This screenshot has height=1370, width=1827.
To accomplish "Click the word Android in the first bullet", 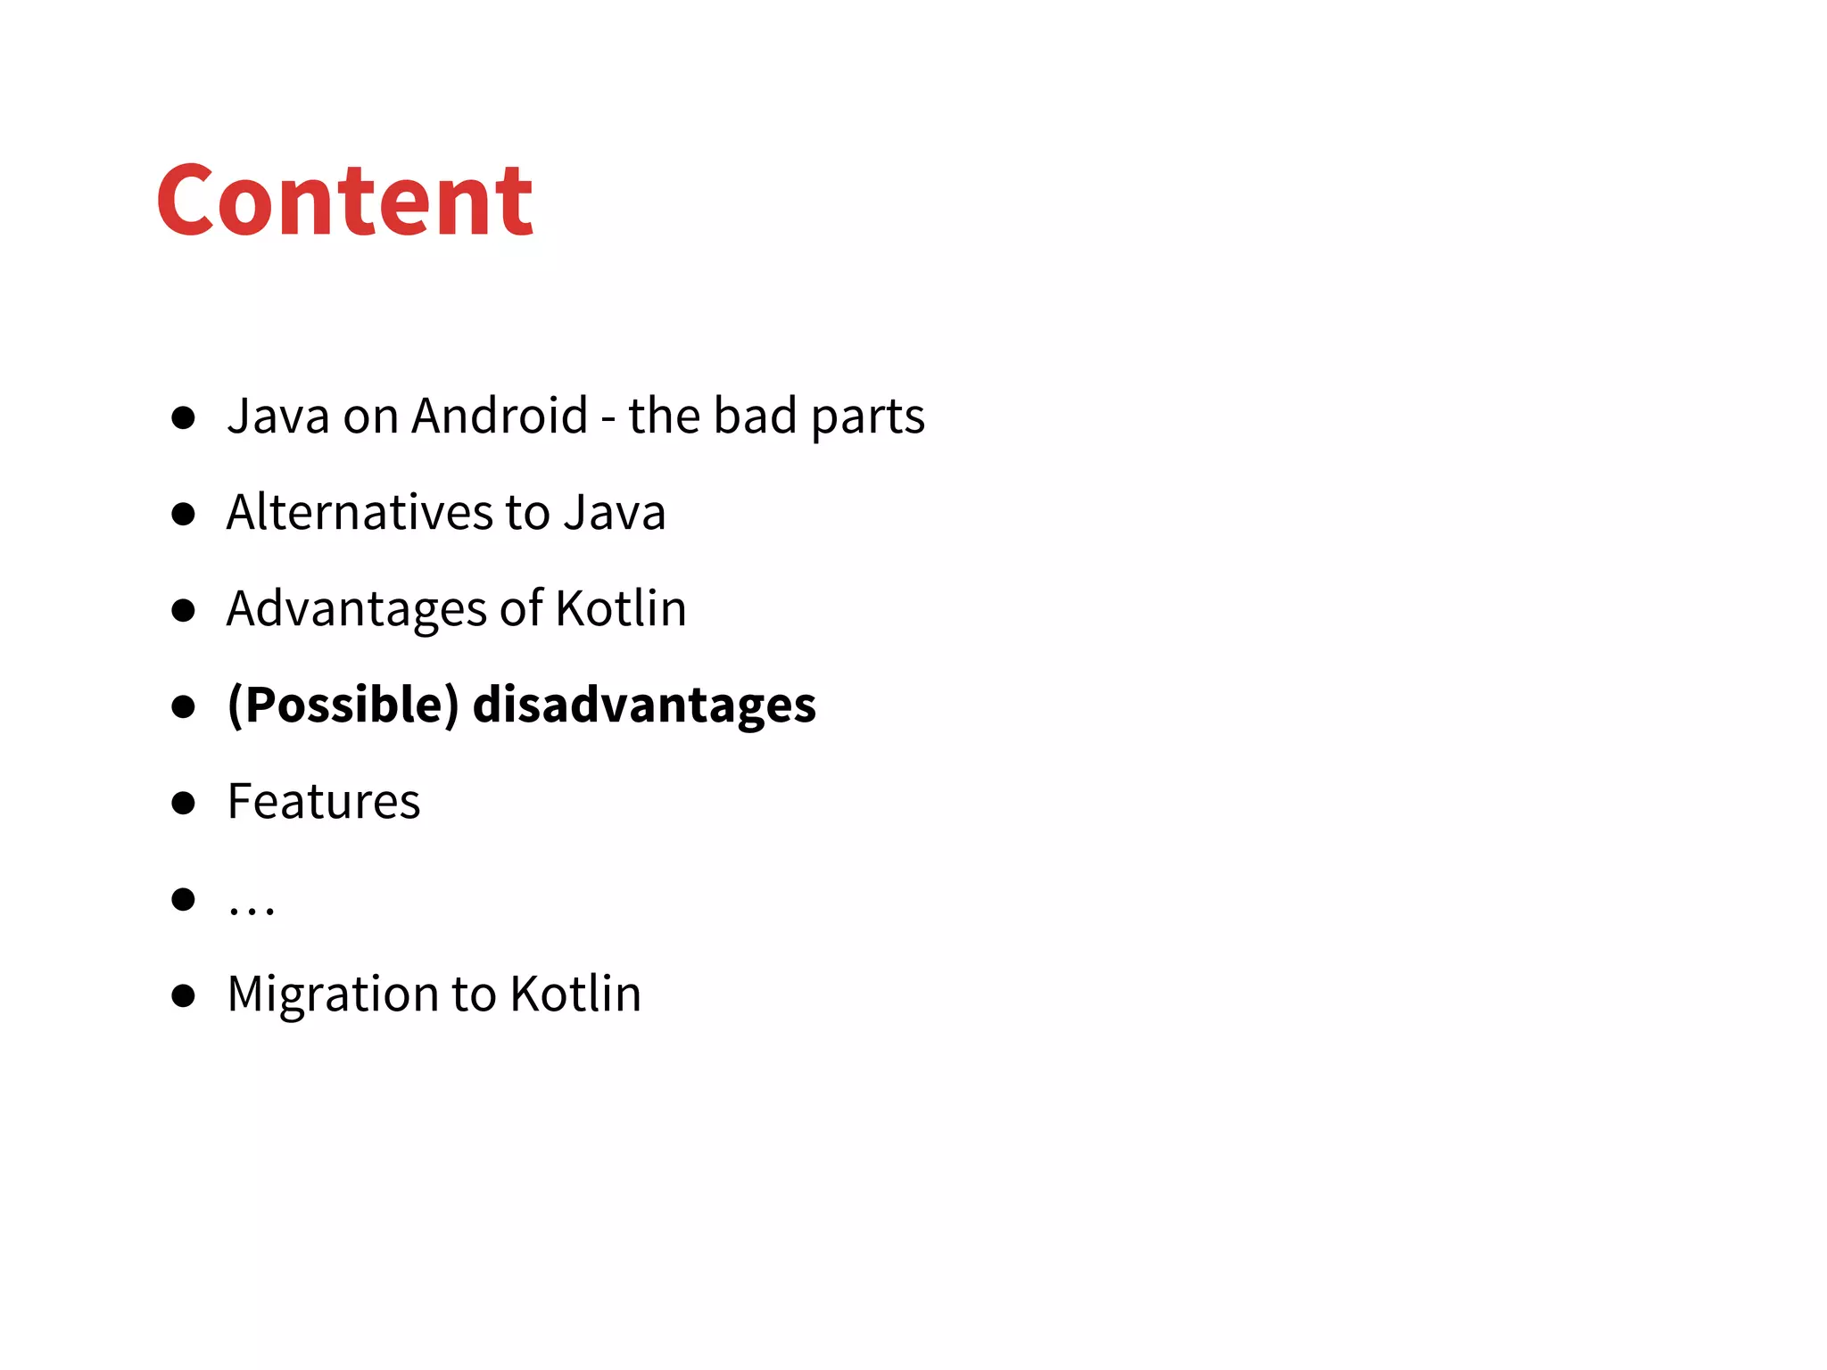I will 500,416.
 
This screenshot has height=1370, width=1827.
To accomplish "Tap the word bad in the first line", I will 755,416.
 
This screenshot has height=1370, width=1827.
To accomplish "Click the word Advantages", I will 356,610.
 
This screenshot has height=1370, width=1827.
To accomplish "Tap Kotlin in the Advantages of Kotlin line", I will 621,608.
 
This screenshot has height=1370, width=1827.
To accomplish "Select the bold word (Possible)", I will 343,705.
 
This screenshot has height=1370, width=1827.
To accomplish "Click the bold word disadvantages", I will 644,705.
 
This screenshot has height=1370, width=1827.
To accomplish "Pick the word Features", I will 324,801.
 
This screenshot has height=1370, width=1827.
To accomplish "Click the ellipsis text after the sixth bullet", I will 252,908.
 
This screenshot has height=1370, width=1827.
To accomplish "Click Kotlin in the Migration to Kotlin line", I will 575,994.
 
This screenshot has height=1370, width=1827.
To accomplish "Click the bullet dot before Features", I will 183,803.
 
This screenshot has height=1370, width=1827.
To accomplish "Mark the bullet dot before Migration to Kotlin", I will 183,995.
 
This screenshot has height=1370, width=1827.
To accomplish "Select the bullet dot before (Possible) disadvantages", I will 183,706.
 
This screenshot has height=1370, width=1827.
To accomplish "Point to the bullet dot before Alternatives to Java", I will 183,514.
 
